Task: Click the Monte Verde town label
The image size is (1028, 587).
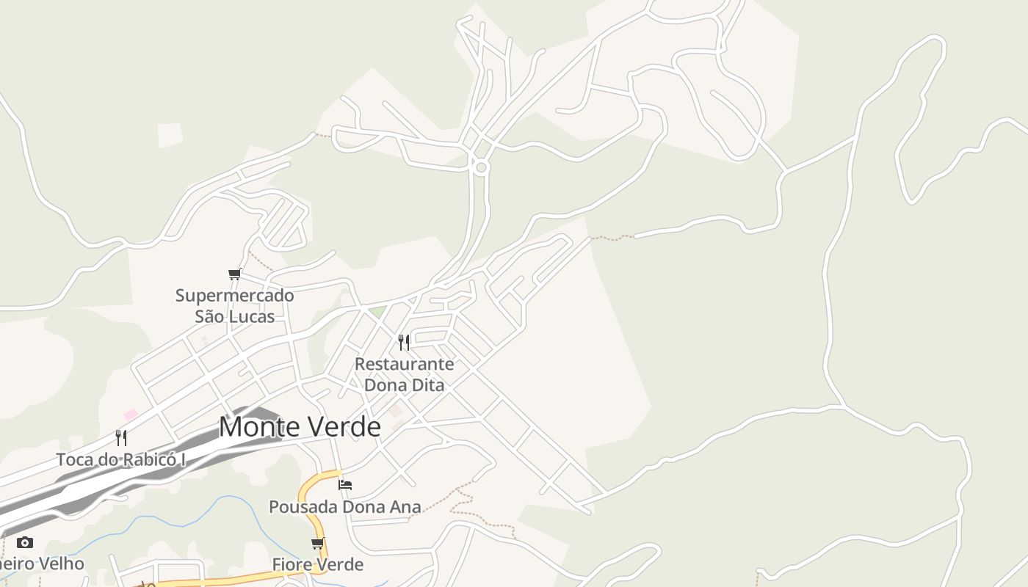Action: [x=300, y=427]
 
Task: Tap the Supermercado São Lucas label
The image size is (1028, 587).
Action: [x=234, y=306]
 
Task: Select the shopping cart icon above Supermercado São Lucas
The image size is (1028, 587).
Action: [x=235, y=274]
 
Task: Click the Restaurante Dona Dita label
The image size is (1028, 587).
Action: [x=404, y=374]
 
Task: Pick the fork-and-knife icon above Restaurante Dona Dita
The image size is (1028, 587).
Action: [x=404, y=342]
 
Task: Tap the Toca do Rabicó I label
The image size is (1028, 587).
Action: [x=121, y=460]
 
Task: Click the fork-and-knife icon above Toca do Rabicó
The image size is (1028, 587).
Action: [x=122, y=438]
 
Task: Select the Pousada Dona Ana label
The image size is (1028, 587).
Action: [x=345, y=507]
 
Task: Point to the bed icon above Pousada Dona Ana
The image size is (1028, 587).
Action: [x=345, y=484]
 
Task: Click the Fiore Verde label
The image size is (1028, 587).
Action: [x=318, y=564]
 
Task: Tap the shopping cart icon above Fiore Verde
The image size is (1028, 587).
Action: [x=318, y=544]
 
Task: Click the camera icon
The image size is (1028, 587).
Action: [x=25, y=543]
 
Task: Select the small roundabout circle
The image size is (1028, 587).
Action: [x=481, y=167]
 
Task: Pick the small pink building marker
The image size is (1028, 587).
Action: [x=131, y=415]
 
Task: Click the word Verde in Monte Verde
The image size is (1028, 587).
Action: [x=341, y=427]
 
